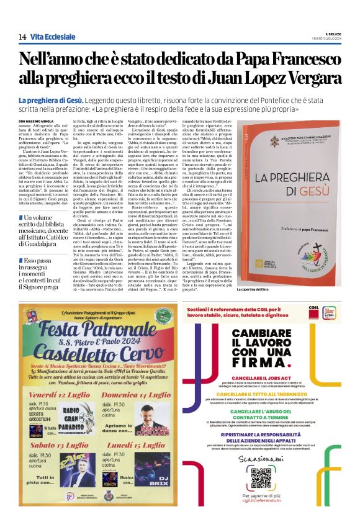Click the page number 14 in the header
22,37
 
